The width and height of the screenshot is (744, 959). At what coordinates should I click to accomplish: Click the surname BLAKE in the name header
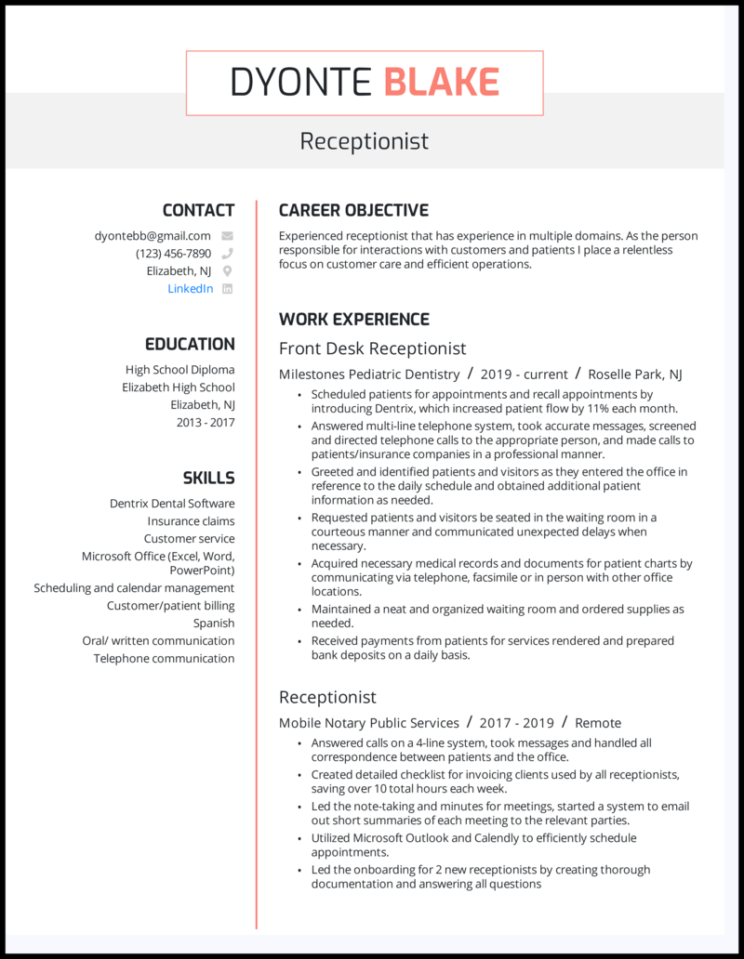(441, 83)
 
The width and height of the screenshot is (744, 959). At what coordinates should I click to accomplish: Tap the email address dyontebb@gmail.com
(153, 236)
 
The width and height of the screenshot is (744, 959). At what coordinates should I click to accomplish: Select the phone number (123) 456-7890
(173, 254)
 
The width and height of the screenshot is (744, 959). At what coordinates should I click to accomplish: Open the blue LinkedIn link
(190, 289)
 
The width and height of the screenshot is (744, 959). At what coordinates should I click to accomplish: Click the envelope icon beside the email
(227, 236)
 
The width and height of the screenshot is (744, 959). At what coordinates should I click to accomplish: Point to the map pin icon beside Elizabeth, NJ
(227, 271)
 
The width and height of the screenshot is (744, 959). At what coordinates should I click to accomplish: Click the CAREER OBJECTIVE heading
(353, 210)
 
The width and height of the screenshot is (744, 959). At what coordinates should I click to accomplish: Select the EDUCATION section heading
(190, 344)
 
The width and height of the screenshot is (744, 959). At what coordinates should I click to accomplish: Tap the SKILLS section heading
(208, 479)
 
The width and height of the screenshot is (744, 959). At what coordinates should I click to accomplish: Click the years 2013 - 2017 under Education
(206, 423)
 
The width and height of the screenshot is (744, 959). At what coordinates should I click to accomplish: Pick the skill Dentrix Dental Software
(172, 504)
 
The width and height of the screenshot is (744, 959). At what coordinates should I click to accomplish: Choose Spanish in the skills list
(214, 624)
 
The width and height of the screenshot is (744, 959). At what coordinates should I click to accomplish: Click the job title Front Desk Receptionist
(372, 348)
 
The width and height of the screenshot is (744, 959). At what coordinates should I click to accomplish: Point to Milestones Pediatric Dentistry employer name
(369, 374)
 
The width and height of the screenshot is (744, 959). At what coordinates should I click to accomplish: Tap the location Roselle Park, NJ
(635, 374)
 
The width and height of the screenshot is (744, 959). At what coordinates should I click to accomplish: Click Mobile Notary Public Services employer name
(369, 723)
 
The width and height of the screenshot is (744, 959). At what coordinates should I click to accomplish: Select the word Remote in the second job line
(598, 723)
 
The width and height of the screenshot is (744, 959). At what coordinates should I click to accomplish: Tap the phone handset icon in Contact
(227, 254)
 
